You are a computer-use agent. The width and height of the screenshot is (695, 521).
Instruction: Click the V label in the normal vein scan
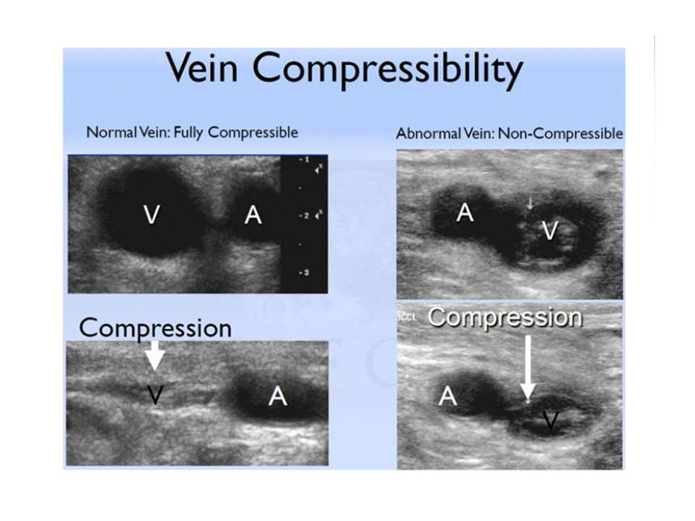coord(151,215)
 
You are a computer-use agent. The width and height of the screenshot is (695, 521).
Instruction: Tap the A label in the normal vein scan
coord(253,215)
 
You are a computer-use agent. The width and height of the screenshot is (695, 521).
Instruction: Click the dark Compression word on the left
coord(155,328)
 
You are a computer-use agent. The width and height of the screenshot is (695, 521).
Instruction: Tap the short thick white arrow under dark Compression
coord(155,355)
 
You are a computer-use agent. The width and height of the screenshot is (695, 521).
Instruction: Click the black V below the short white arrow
coord(155,394)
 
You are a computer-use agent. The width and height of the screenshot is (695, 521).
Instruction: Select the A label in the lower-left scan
coord(277,396)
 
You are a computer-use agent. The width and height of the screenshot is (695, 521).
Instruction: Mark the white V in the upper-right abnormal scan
coord(550,230)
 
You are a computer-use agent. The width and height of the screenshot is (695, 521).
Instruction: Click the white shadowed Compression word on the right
coord(505,317)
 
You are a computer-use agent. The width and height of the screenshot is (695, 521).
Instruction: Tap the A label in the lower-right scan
coord(448,396)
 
